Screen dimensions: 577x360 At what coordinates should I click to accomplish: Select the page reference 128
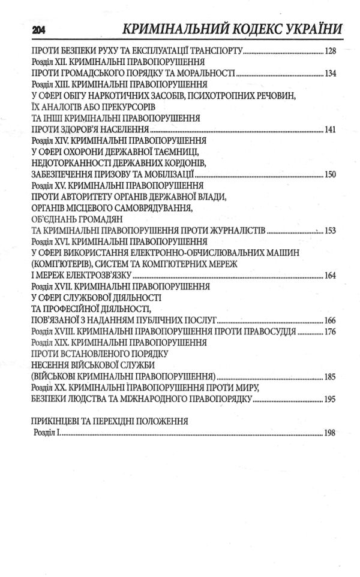pyautogui.click(x=329, y=52)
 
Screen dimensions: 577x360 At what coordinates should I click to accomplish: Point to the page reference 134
pyautogui.click(x=329, y=74)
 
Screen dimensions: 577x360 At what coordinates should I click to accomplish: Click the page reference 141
pyautogui.click(x=329, y=130)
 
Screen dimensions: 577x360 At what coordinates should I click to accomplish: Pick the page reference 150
pyautogui.click(x=329, y=175)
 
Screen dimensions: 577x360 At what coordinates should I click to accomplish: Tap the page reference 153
pyautogui.click(x=329, y=231)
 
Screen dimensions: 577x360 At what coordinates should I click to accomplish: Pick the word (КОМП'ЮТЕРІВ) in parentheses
pyautogui.click(x=61, y=264)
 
